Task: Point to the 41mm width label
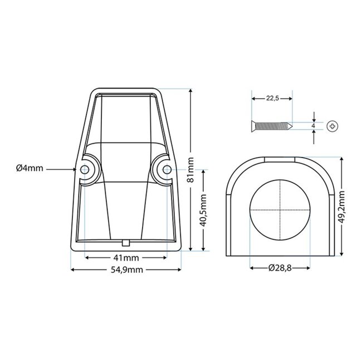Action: pyautogui.click(x=126, y=258)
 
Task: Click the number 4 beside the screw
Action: pyautogui.click(x=314, y=126)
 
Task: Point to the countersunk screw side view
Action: pyautogui.click(x=271, y=125)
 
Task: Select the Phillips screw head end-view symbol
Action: pyautogui.click(x=334, y=126)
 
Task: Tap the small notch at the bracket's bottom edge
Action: pyautogui.click(x=126, y=242)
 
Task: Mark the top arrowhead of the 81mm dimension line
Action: pyautogui.click(x=191, y=90)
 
